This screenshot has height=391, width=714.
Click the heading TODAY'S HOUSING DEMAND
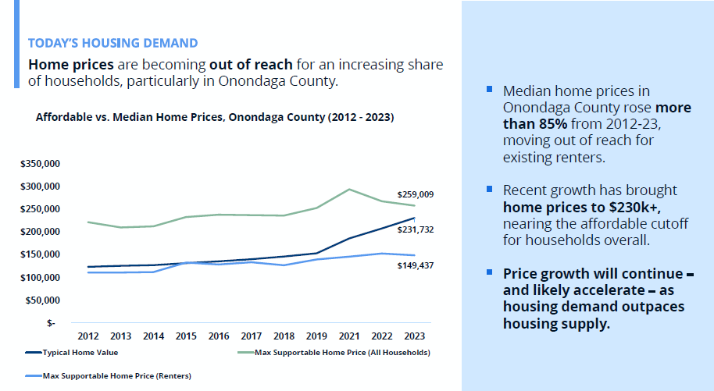click(x=112, y=43)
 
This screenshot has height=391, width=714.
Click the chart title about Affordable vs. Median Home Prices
click(x=215, y=118)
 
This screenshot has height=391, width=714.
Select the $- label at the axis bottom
click(x=51, y=323)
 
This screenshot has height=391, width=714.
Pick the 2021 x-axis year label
click(x=349, y=336)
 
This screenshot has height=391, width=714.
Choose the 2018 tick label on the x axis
click(x=284, y=336)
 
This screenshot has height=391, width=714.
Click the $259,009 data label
click(x=416, y=194)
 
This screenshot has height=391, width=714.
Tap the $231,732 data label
click(x=416, y=230)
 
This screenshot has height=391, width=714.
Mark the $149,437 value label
click(x=416, y=266)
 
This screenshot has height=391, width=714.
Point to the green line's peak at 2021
click(x=349, y=189)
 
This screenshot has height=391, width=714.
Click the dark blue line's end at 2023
click(x=414, y=218)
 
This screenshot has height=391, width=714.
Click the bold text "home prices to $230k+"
click(x=569, y=208)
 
